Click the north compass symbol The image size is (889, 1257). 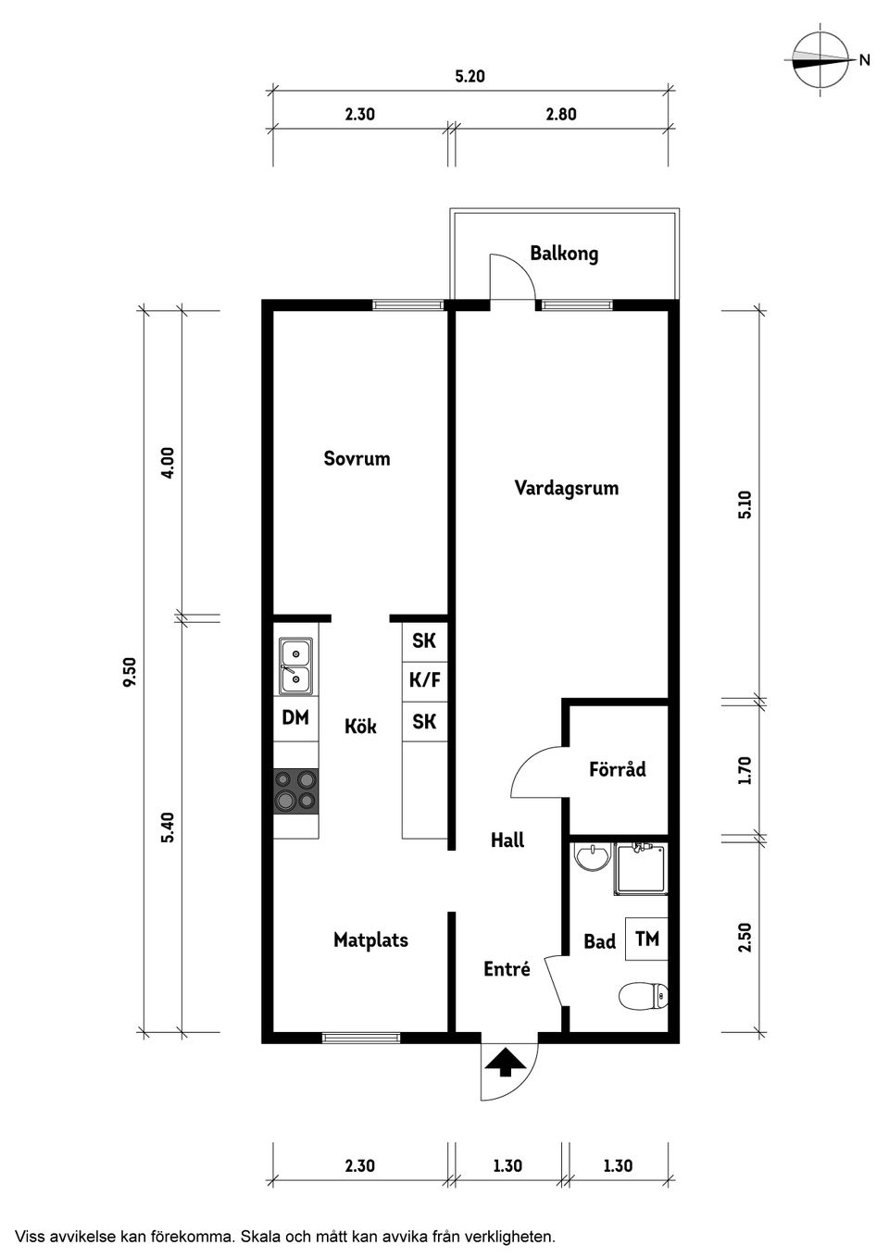tap(820, 60)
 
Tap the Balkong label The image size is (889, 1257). tap(564, 253)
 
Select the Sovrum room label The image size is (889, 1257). tap(357, 458)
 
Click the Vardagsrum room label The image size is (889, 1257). tap(566, 488)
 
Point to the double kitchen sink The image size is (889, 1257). tap(296, 666)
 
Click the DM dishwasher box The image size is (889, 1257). tap(295, 717)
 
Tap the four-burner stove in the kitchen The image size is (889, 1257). tap(296, 790)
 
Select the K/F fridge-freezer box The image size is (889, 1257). tap(425, 680)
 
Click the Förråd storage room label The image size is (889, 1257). tap(617, 769)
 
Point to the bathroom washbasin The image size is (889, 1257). tap(590, 857)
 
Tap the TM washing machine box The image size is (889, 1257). tap(647, 939)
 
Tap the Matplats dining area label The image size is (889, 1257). tap(370, 940)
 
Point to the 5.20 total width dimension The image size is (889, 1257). tap(470, 77)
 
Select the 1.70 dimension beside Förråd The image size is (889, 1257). tap(745, 770)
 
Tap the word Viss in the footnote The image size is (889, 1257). tap(29, 1236)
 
